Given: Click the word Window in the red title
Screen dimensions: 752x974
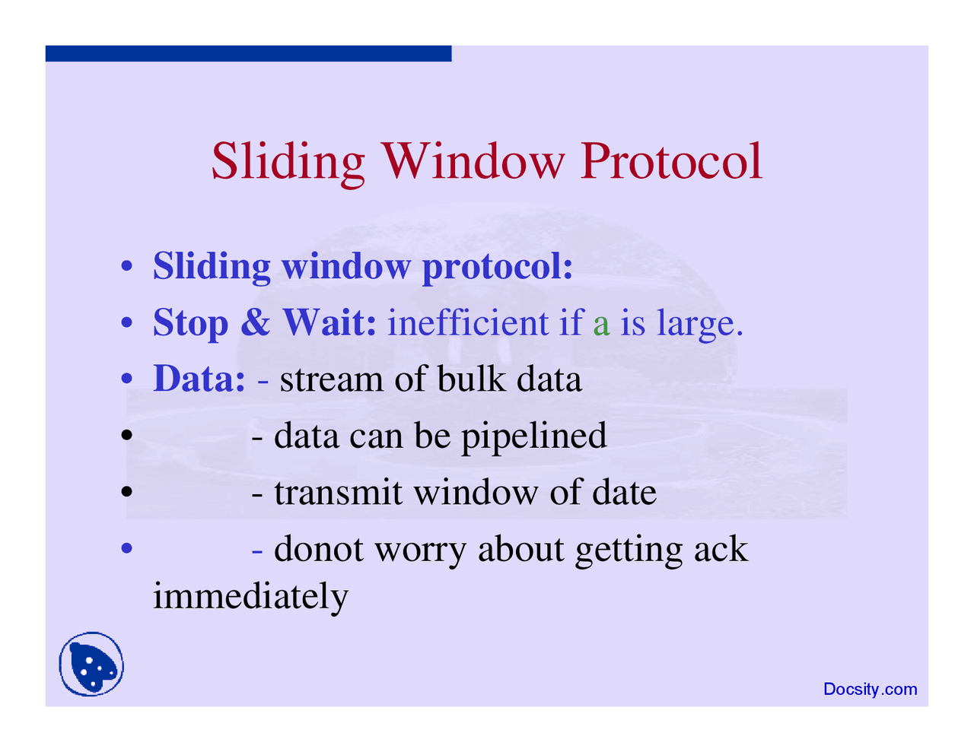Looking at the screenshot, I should pyautogui.click(x=473, y=161).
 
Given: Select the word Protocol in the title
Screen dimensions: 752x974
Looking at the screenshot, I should pyautogui.click(x=671, y=161).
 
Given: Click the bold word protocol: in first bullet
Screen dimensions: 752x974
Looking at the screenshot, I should pyautogui.click(x=497, y=267).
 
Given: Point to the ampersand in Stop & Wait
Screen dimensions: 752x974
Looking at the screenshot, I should pyautogui.click(x=256, y=323).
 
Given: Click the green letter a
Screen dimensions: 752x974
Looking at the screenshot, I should pyautogui.click(x=601, y=325).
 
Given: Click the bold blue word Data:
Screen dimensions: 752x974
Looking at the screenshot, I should pyautogui.click(x=199, y=379).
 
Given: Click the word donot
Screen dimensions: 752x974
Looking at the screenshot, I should pyautogui.click(x=318, y=549).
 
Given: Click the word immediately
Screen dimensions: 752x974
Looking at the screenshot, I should pyautogui.click(x=250, y=596).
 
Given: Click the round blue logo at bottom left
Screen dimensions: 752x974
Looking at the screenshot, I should pyautogui.click(x=91, y=664).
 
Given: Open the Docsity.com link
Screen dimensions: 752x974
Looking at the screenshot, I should pyautogui.click(x=870, y=690).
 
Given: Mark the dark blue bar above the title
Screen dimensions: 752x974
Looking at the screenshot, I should pyautogui.click(x=248, y=53).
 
